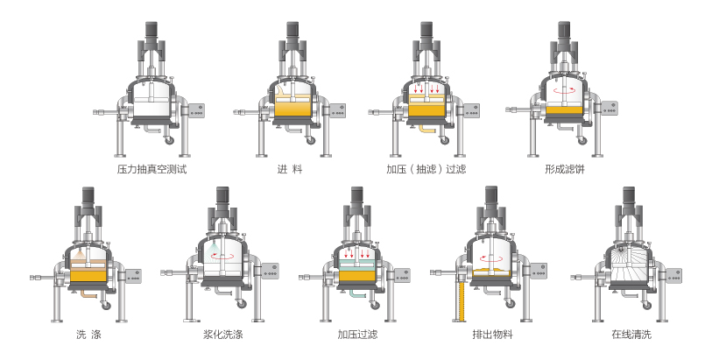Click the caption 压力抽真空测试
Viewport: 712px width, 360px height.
tap(152, 169)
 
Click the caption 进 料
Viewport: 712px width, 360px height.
tap(290, 169)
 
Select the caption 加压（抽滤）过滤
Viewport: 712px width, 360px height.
tap(426, 169)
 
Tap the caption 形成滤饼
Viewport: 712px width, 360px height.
tap(565, 169)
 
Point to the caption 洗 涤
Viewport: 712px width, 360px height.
tap(88, 335)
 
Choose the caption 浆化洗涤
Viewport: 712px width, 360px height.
tap(223, 335)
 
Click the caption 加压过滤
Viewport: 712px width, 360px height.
tap(357, 335)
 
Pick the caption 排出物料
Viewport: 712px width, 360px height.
tap(493, 335)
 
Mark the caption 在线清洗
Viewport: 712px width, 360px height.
tap(631, 335)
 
